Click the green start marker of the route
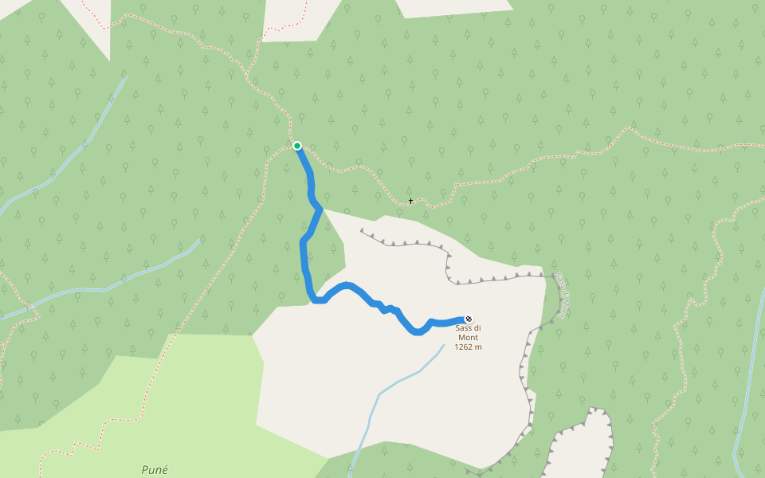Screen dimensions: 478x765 (x=297, y=146)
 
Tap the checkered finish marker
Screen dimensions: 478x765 (x=469, y=319)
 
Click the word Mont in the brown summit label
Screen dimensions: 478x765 (x=469, y=337)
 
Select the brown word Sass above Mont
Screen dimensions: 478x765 (x=464, y=328)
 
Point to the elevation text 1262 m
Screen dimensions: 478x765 (x=469, y=347)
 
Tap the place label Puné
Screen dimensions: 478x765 (x=155, y=470)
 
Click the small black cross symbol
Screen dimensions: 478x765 (x=411, y=201)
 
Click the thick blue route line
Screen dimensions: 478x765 (x=304, y=255)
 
